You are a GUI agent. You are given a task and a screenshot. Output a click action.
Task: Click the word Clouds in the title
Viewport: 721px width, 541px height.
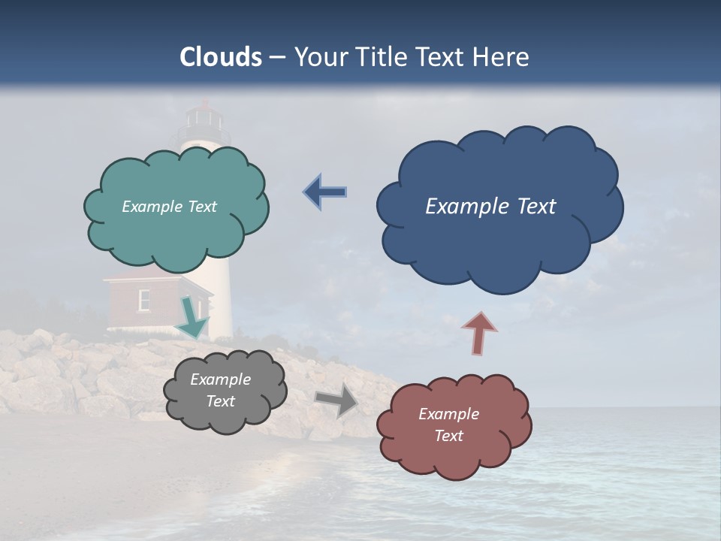coord(221,57)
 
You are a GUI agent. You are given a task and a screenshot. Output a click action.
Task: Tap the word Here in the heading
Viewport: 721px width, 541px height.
coord(502,57)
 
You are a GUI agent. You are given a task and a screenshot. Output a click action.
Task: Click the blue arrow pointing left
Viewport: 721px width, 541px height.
coord(324,192)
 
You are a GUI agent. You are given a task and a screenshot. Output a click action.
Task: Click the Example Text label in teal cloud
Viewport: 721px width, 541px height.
coord(169,207)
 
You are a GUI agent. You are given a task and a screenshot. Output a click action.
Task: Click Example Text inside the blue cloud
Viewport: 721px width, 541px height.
coord(490,207)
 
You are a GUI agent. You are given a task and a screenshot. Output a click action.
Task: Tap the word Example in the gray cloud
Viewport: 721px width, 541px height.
coord(220,379)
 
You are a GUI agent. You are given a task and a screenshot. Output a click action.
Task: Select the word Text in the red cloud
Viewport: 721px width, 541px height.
coord(448,436)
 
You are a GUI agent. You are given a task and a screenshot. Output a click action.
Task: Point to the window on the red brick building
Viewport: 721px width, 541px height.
coord(143,299)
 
